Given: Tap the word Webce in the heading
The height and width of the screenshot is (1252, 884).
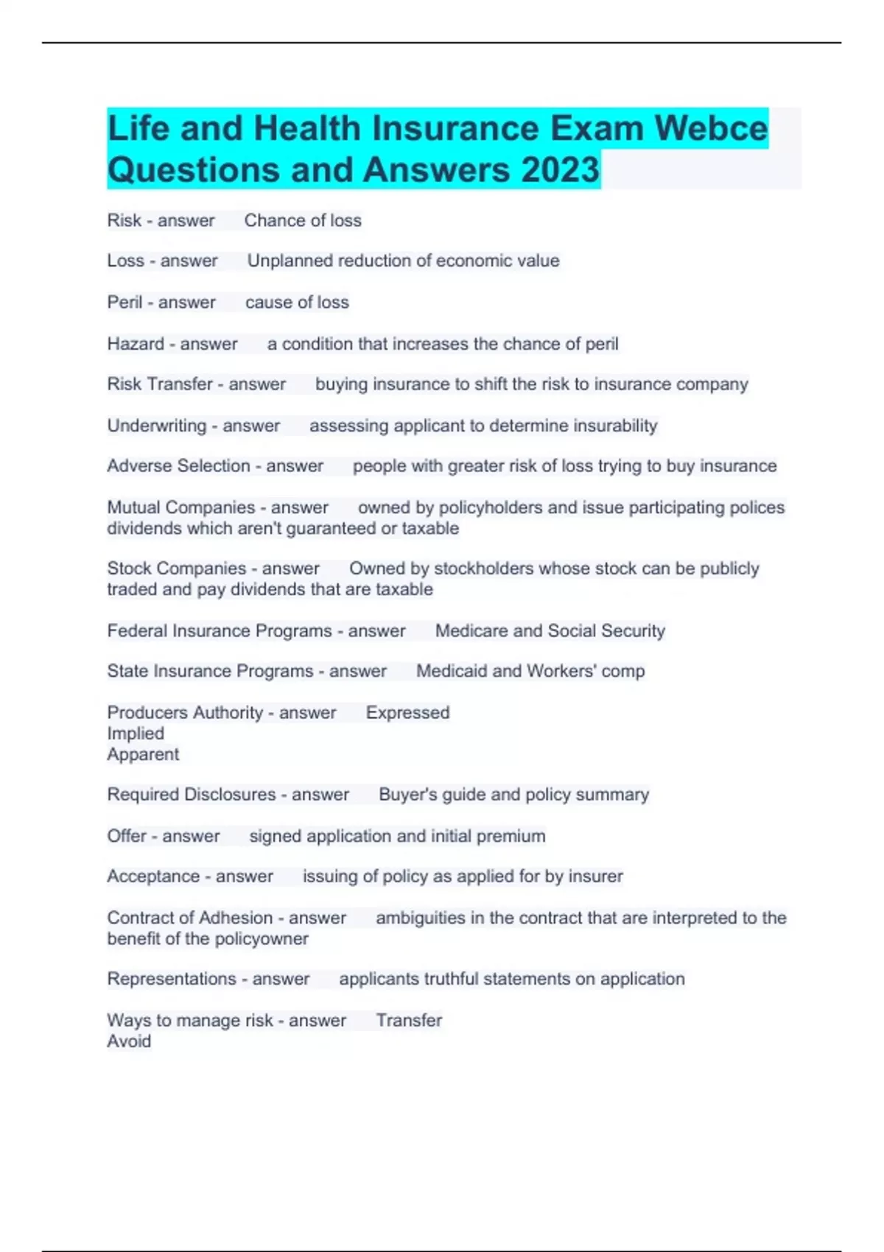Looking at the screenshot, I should (711, 128).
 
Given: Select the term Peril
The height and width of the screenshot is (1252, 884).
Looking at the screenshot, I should (124, 302).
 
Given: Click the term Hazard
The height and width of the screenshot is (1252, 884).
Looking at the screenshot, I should (136, 343).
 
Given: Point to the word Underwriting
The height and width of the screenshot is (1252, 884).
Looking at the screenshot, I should (157, 426).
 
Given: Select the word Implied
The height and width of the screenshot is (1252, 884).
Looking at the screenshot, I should (136, 734).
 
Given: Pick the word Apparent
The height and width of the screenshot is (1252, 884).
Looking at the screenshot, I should (143, 754).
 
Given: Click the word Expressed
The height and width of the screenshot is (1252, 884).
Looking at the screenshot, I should (407, 713).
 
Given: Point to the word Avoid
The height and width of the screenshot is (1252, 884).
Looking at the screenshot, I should (129, 1041).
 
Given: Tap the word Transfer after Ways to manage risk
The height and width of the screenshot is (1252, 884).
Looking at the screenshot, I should (409, 1020).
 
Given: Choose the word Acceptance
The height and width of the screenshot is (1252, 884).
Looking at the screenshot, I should (153, 876).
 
